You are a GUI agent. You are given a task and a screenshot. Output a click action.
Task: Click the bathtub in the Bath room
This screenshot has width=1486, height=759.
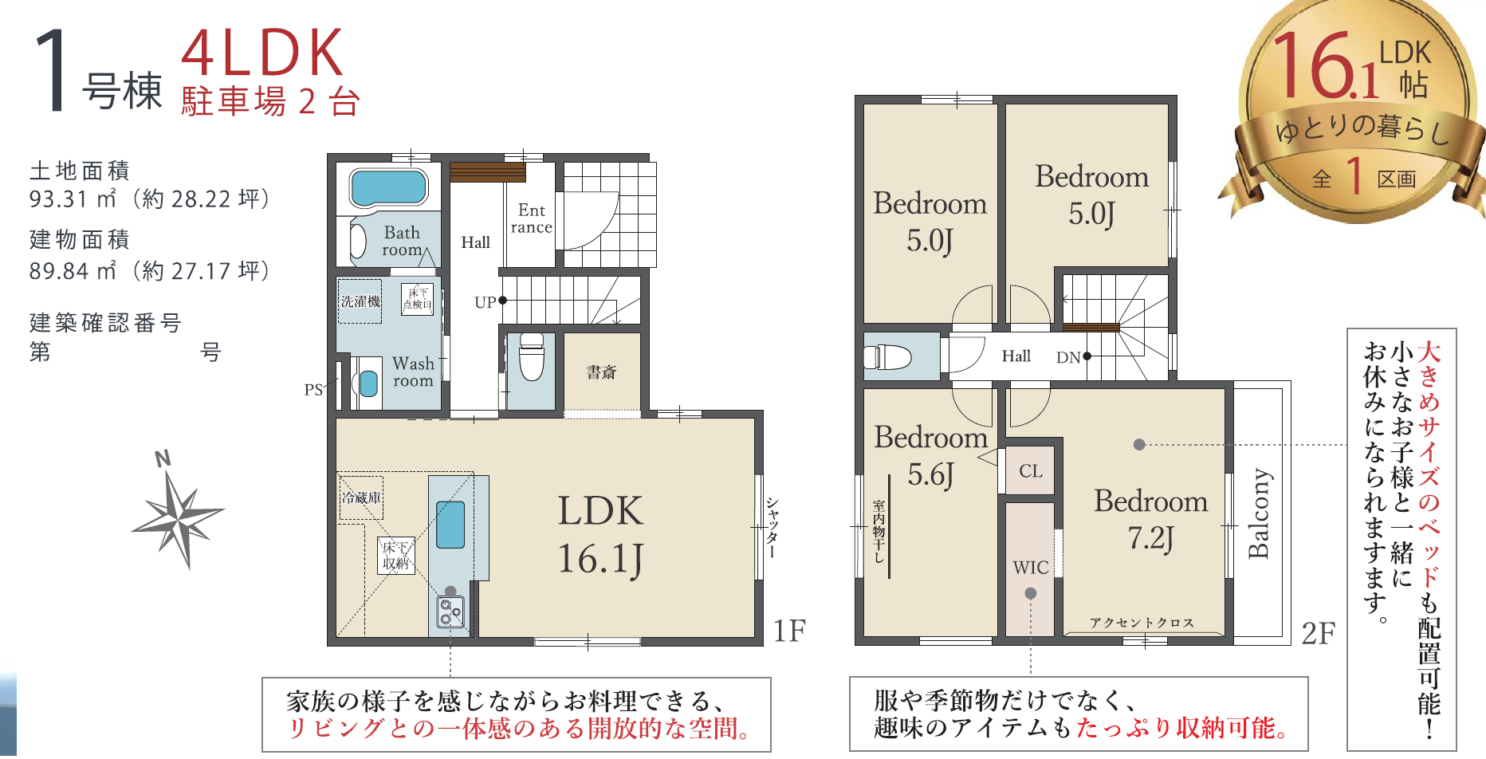388,187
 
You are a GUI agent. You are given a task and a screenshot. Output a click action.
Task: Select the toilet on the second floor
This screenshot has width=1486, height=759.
887,357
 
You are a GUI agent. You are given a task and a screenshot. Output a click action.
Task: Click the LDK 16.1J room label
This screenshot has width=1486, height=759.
600,535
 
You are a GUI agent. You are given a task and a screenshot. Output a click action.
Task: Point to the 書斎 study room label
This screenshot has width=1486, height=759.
601,372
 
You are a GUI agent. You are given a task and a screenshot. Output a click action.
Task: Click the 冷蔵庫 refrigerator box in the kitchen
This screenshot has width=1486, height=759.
361,498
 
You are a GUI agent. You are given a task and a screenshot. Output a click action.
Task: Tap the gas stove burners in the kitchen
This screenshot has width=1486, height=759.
450,612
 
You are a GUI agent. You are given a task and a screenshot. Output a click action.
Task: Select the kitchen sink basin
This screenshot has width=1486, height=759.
450,524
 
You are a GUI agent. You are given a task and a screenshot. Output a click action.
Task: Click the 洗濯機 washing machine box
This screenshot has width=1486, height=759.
360,301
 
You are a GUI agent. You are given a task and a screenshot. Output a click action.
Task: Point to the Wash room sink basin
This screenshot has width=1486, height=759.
368,383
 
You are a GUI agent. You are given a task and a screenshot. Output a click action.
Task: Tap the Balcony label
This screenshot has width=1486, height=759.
1259,513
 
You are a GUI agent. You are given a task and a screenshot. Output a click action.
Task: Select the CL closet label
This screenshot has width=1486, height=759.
1031,471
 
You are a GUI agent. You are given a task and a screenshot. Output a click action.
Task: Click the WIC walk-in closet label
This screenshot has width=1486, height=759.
1031,568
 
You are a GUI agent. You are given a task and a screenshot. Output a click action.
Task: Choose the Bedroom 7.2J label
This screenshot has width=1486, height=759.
1150,519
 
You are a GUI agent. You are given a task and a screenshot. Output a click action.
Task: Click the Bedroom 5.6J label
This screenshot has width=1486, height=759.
930,455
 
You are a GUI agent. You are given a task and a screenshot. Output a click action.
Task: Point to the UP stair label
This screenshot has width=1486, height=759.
485,302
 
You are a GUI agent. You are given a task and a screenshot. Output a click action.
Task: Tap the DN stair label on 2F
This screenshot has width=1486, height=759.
1068,358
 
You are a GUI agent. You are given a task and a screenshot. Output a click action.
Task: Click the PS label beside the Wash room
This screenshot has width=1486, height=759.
313,390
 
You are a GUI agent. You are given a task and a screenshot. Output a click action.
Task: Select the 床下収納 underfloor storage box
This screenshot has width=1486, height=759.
396,556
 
